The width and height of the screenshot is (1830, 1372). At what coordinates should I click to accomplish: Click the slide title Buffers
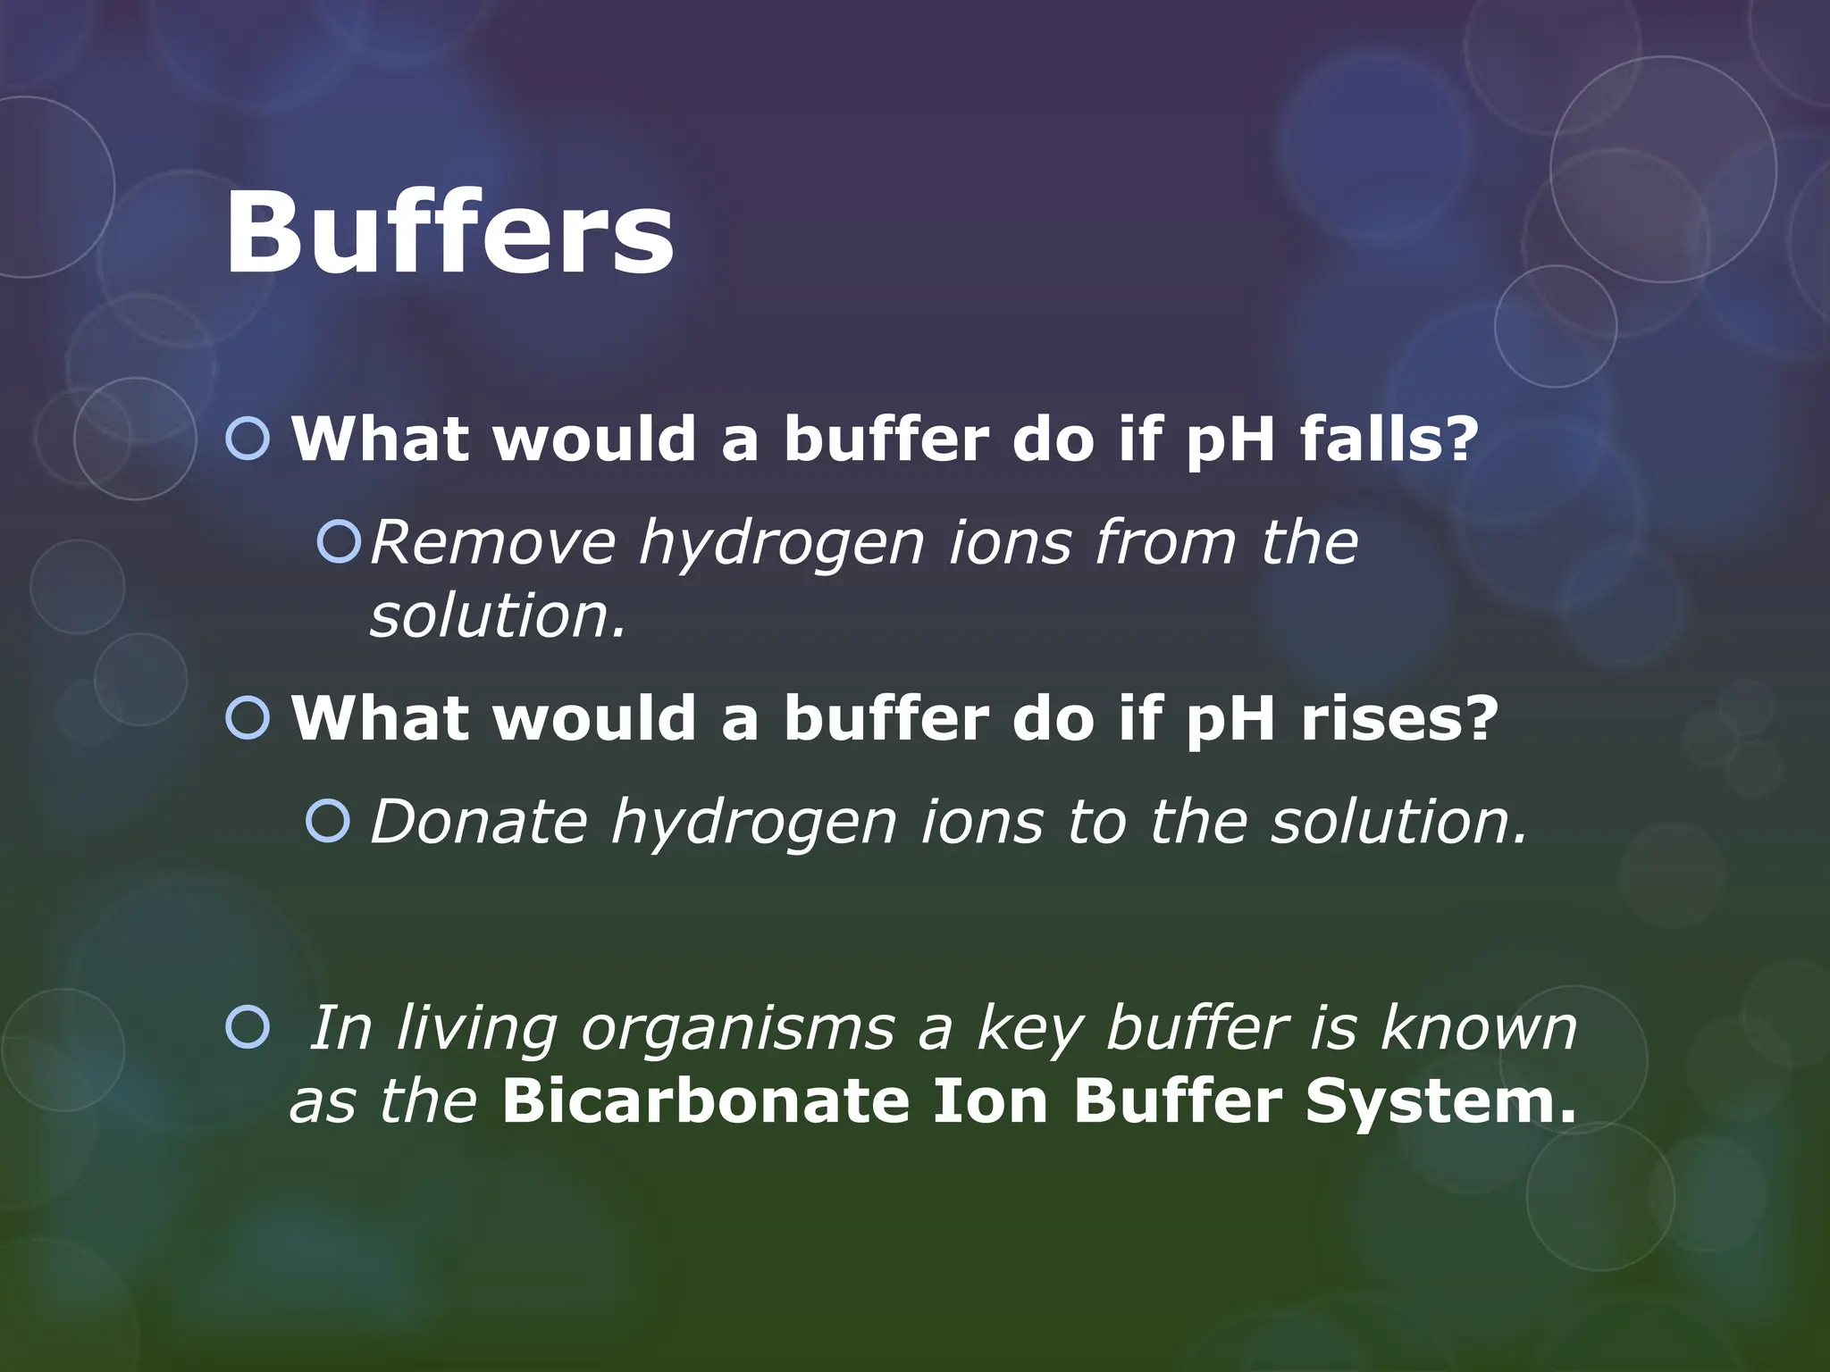coord(449,234)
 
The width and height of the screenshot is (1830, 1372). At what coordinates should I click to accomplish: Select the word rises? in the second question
coord(1399,718)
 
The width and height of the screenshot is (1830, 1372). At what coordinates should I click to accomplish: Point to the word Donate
coord(479,822)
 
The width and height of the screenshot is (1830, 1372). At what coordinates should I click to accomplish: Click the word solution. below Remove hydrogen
coord(499,616)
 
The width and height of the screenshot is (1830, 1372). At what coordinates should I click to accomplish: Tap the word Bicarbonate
coord(705,1100)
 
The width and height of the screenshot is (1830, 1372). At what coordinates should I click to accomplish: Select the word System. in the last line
coord(1440,1100)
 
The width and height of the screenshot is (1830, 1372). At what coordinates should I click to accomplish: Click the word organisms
coord(738,1029)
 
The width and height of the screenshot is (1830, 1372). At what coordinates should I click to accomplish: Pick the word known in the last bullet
coord(1479,1028)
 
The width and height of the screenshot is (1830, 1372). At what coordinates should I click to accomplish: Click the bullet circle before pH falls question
coord(248,439)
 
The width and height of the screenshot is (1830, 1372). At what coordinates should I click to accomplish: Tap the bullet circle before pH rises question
coord(248,718)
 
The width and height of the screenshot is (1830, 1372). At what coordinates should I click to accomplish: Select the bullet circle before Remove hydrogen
coord(340,542)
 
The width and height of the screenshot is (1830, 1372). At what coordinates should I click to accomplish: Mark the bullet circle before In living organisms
coord(248,1028)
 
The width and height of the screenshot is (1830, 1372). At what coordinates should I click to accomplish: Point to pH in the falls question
coord(1230,440)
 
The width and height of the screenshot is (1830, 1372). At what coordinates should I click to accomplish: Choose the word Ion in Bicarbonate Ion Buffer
coord(989,1100)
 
